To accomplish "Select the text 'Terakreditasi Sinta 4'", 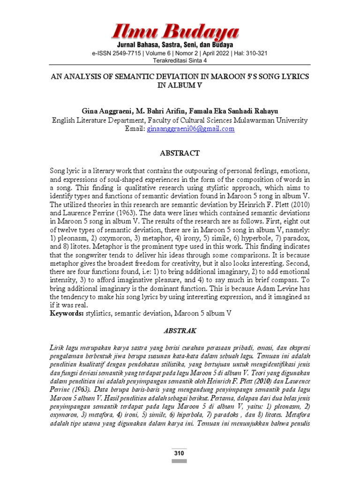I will click(180, 60).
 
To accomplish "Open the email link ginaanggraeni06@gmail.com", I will click(190, 129).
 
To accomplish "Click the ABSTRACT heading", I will click(180, 153).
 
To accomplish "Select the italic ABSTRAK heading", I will click(180, 330).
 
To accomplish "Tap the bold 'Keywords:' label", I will click(67, 313).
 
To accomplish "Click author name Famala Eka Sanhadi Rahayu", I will click(240, 112).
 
